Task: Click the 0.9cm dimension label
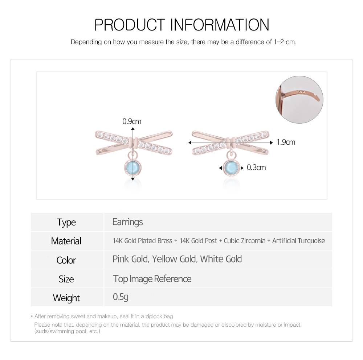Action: [132, 121]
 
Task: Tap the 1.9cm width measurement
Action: [286, 142]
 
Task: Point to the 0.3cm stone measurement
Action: [256, 167]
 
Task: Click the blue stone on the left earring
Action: [133, 167]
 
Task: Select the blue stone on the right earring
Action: [231, 167]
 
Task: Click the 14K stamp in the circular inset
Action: [301, 92]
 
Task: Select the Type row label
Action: [66, 223]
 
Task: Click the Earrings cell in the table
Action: [127, 222]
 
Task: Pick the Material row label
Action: [66, 241]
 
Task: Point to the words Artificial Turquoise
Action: [299, 241]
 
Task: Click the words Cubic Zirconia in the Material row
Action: [244, 241]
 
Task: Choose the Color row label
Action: [66, 260]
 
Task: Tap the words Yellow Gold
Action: [174, 259]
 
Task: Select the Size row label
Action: [66, 279]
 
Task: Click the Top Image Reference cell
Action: [152, 279]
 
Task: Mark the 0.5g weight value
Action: [121, 297]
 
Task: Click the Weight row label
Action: [66, 298]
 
